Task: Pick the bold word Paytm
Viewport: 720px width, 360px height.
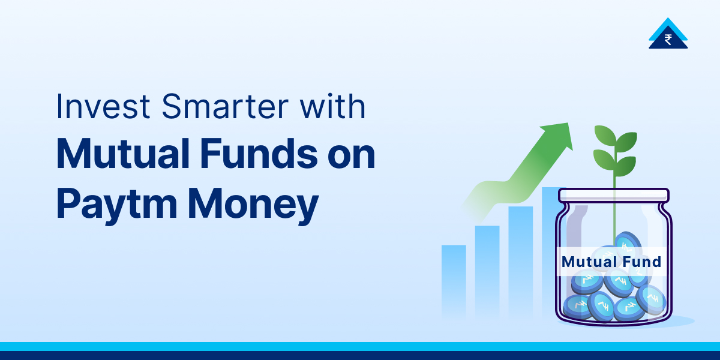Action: pos(117,204)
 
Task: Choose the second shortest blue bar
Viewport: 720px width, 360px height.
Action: pos(487,270)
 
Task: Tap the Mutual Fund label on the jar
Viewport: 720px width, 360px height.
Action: pos(611,262)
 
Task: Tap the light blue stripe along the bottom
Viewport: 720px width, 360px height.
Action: pos(360,346)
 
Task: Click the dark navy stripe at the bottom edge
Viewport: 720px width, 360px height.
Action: pos(360,356)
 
